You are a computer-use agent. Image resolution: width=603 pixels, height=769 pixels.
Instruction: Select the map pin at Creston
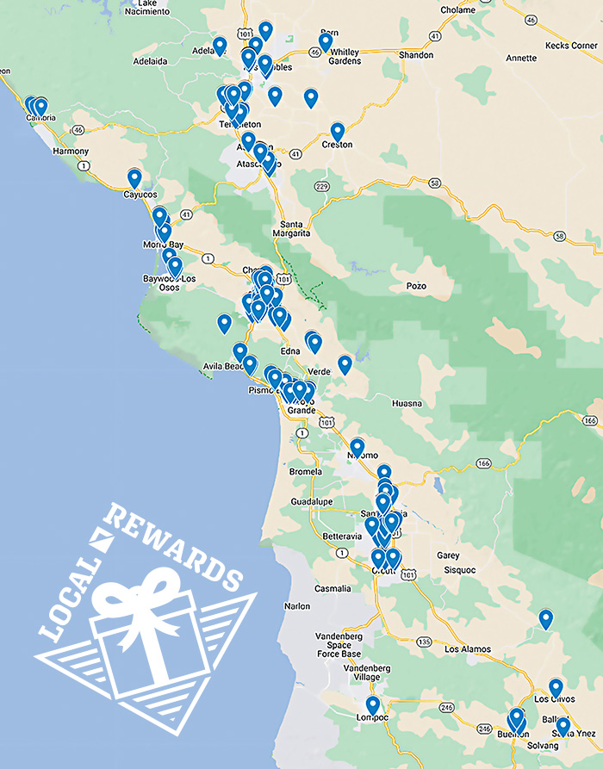click(338, 132)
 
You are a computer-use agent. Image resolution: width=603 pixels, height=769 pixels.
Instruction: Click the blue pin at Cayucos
click(134, 177)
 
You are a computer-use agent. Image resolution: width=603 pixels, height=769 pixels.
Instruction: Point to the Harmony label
click(71, 152)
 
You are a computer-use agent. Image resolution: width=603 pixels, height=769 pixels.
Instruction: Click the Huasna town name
click(407, 403)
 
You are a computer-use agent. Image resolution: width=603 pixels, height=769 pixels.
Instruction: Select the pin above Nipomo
click(357, 447)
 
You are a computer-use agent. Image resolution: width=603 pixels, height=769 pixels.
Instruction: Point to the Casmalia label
click(333, 589)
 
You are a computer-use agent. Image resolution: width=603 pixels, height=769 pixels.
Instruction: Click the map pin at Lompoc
click(373, 705)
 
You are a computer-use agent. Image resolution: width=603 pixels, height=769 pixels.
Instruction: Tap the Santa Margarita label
click(291, 227)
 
